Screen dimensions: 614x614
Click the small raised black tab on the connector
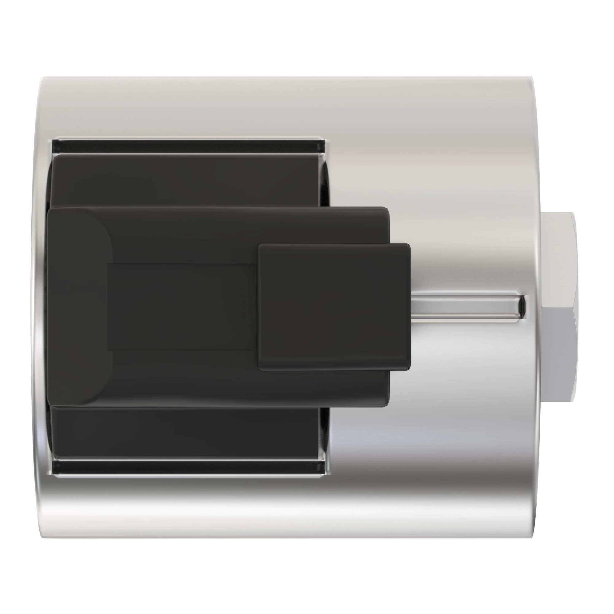click(334, 307)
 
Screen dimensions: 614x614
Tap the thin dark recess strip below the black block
click(188, 467)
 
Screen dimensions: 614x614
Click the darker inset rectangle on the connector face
click(181, 307)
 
